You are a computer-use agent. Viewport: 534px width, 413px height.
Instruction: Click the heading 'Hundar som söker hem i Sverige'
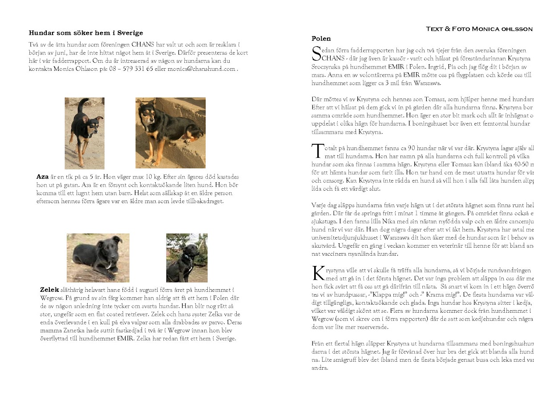tap(85, 33)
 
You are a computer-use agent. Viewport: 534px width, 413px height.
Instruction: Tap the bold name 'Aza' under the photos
tap(42, 177)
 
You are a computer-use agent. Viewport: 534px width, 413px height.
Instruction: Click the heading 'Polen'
tap(321, 38)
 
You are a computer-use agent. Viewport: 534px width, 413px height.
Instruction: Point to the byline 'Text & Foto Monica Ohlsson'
tap(479, 29)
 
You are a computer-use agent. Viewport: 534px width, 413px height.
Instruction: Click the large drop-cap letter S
tap(316, 53)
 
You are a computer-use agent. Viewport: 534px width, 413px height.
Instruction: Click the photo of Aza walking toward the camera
tap(85, 133)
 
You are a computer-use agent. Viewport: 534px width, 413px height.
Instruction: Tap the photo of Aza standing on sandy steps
tap(170, 133)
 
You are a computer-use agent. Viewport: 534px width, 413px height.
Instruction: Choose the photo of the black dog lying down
tap(98, 258)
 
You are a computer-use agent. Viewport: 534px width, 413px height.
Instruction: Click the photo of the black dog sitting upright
tap(187, 258)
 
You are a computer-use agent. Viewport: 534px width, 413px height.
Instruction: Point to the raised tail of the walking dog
tap(81, 105)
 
